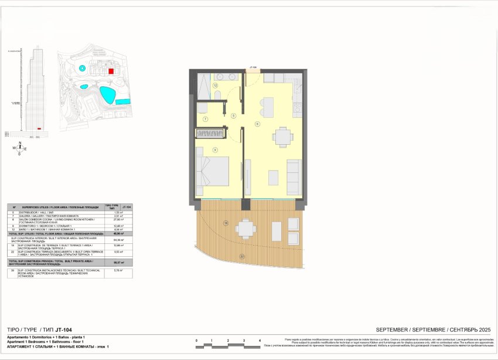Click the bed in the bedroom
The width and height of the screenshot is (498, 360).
point(213,171)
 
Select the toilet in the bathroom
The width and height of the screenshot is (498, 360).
point(201,108)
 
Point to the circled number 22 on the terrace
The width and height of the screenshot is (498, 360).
point(242,256)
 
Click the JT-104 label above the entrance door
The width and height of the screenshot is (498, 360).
point(254,67)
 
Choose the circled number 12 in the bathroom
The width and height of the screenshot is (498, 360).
point(216,86)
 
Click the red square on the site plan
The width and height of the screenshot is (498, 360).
point(111,71)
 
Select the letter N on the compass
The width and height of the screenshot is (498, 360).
point(20,142)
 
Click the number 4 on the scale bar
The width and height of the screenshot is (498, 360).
point(260,340)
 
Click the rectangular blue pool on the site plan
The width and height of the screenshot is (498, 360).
point(122,101)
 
